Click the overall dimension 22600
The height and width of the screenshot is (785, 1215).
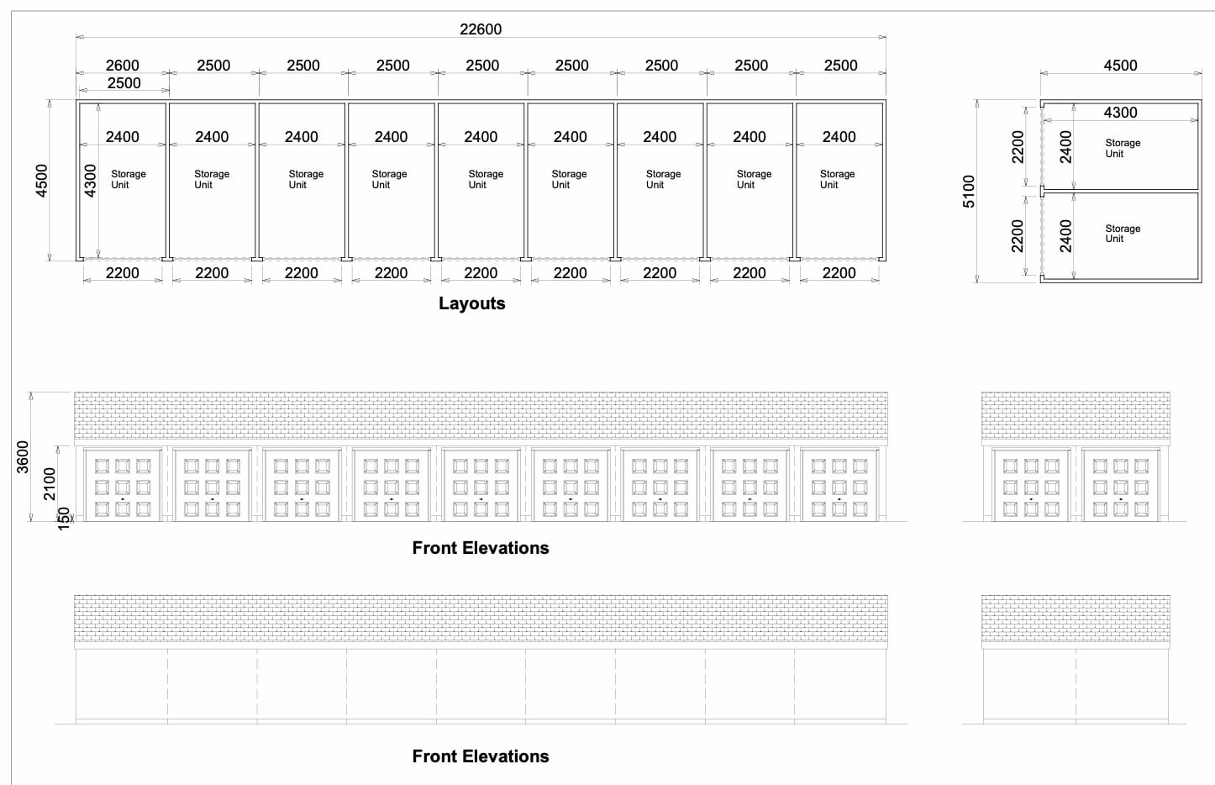[x=481, y=29]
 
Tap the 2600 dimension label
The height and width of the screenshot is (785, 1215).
[x=122, y=66]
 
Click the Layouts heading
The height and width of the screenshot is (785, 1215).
[x=472, y=303]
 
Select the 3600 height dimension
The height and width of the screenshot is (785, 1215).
[x=22, y=456]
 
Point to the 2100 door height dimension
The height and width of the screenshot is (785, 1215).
[x=50, y=483]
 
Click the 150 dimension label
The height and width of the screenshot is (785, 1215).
[x=64, y=519]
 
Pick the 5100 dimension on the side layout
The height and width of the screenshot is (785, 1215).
[x=969, y=192]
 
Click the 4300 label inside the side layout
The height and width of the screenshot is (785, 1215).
[x=1120, y=113]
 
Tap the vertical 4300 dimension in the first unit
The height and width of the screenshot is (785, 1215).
[x=91, y=181]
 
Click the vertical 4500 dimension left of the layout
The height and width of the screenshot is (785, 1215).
[x=42, y=181]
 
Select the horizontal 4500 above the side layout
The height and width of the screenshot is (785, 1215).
[x=1120, y=66]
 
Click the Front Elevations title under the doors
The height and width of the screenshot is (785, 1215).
[x=481, y=548]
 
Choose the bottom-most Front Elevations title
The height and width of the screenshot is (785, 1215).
[x=481, y=756]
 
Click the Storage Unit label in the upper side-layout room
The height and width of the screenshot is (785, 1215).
[x=1123, y=148]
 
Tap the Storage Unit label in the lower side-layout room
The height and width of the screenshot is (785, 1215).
[x=1123, y=234]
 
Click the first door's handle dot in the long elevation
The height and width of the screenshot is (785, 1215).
[x=123, y=499]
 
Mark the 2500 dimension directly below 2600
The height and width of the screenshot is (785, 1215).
[x=124, y=83]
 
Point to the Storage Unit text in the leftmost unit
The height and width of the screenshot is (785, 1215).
[x=129, y=179]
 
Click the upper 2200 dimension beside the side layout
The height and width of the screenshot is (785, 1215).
[x=1018, y=146]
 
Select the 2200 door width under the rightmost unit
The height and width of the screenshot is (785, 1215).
[x=839, y=273]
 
